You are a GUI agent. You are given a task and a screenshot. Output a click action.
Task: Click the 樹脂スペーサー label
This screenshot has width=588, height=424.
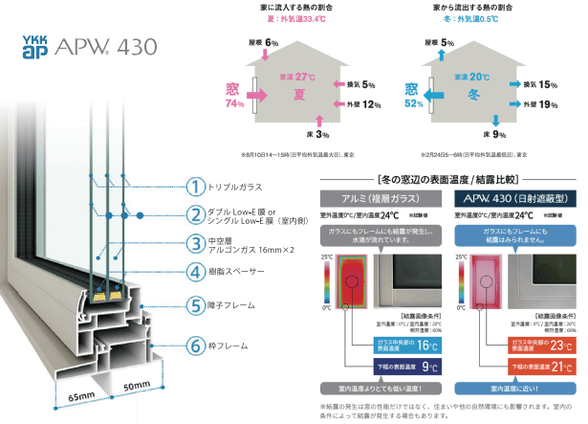(242, 270)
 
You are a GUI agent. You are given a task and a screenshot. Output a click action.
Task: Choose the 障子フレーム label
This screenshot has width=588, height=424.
(240, 305)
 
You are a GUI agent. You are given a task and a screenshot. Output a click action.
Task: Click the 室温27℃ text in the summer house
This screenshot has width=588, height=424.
(296, 77)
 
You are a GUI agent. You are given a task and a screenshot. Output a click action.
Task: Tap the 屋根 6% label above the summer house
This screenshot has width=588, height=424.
(264, 43)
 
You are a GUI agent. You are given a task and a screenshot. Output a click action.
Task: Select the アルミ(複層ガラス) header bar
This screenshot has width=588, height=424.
(374, 198)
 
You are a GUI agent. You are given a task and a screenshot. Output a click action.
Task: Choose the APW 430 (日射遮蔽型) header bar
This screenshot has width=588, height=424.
(514, 198)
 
